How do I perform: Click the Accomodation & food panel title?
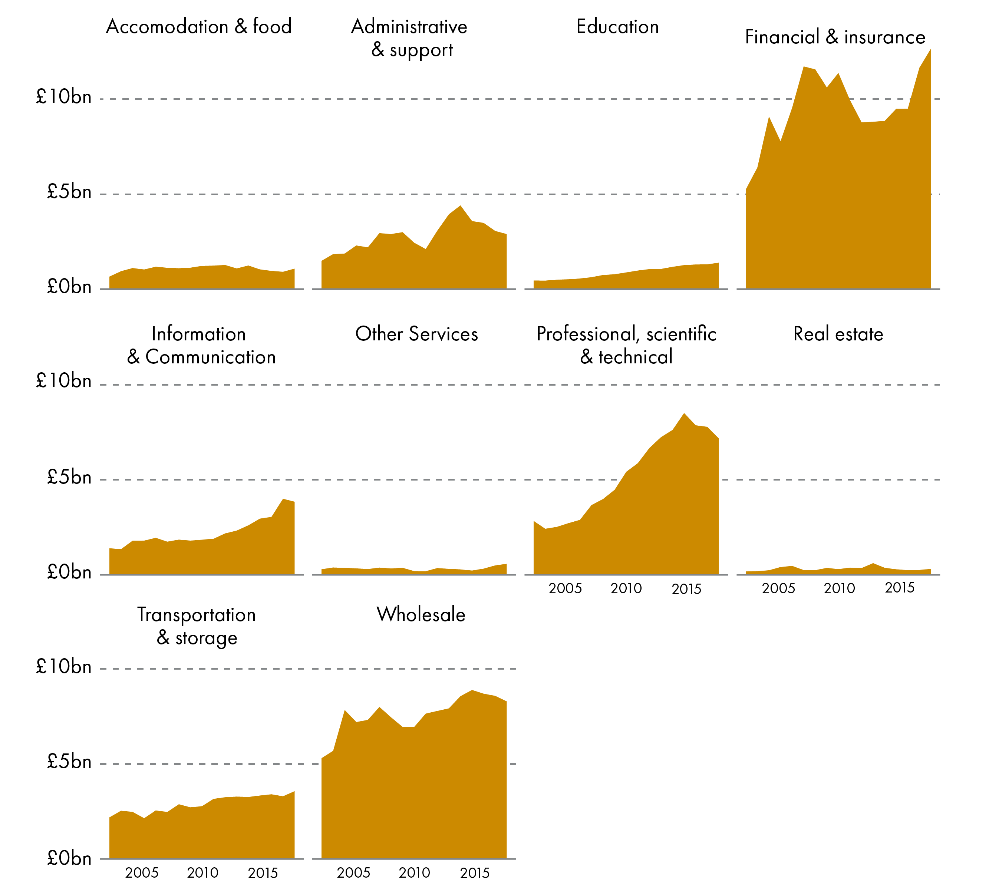pos(198,26)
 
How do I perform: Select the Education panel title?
pos(617,26)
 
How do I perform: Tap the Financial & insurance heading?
pos(835,37)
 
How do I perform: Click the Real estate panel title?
pos(838,334)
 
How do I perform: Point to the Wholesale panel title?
pos(421,614)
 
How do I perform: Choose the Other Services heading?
pos(416,334)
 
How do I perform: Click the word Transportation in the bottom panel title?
pos(196,615)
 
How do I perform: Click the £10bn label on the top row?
pos(64,97)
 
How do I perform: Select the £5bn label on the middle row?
pos(69,477)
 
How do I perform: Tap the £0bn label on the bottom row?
pos(69,858)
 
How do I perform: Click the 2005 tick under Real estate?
pos(778,588)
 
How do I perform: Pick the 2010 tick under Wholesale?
pos(414,872)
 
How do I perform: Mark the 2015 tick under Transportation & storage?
pos(263,872)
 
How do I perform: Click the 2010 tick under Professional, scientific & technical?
pos(626,588)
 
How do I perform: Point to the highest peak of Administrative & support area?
pos(460,206)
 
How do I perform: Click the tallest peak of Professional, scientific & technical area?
pos(684,414)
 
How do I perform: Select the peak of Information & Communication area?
pos(283,499)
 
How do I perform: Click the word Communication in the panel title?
pos(211,357)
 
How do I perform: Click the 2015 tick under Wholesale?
pos(474,872)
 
